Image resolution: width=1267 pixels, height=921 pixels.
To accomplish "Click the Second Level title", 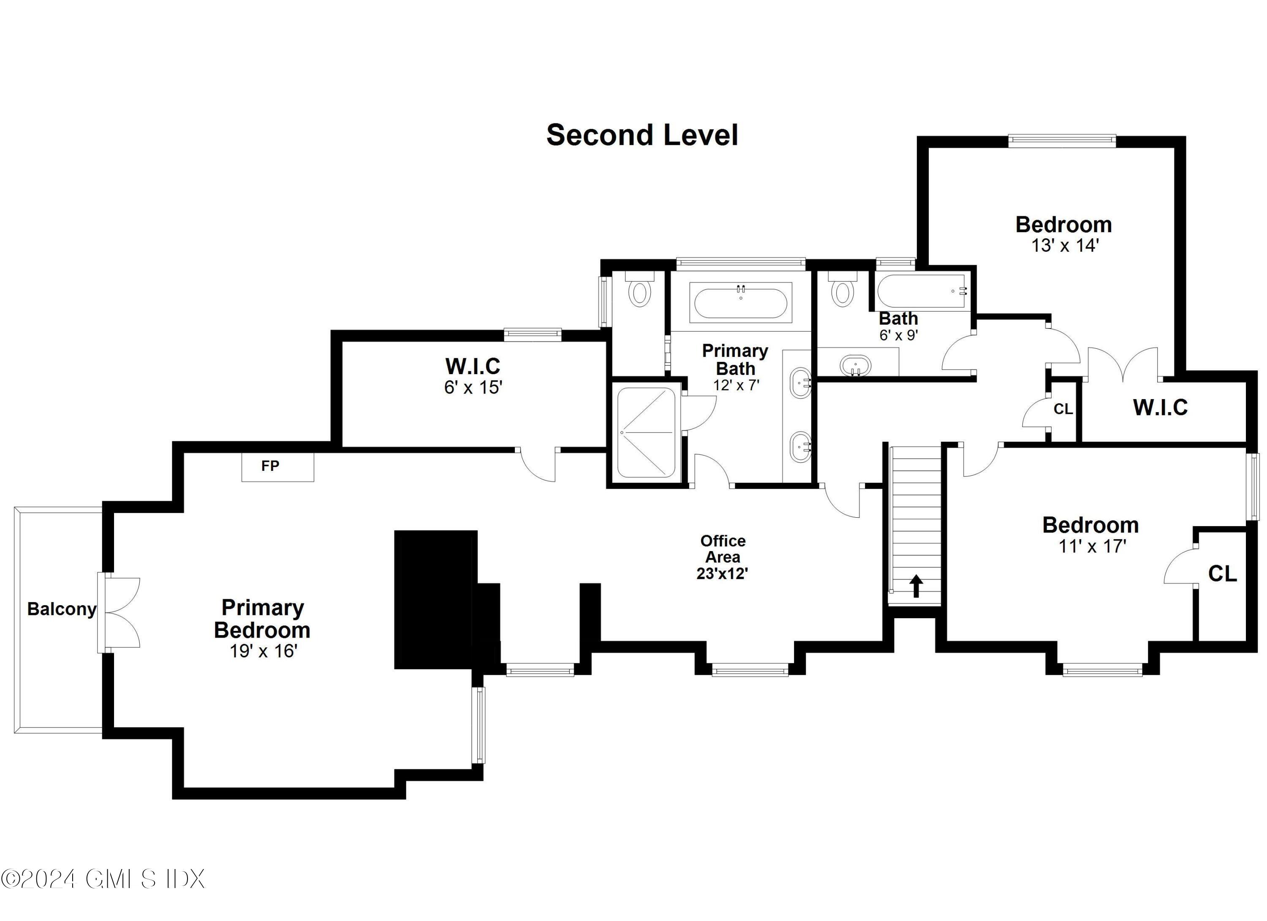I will point(642,135).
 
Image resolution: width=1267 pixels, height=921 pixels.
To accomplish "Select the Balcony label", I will point(62,609).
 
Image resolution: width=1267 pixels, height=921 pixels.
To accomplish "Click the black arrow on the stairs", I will point(916,587).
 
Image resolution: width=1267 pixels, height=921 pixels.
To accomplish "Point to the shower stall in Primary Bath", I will point(646,432).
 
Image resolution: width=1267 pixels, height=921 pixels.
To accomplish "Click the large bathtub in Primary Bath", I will point(741,302).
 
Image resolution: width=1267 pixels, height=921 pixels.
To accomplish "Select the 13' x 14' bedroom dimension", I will point(1065,245).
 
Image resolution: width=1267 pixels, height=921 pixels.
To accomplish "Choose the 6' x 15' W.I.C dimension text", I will point(473,387).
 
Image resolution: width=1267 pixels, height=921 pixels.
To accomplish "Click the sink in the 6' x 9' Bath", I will point(855,366).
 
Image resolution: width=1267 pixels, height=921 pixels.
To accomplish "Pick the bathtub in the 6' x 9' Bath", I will point(922,291).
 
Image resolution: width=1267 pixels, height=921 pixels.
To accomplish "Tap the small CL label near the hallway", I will point(1063,409).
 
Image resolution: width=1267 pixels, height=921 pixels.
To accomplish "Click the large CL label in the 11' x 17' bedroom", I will point(1222,573).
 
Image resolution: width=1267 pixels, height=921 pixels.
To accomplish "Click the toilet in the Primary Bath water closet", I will point(639,293).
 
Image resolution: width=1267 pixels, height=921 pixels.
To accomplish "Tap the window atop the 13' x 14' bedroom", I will point(1061,141).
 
